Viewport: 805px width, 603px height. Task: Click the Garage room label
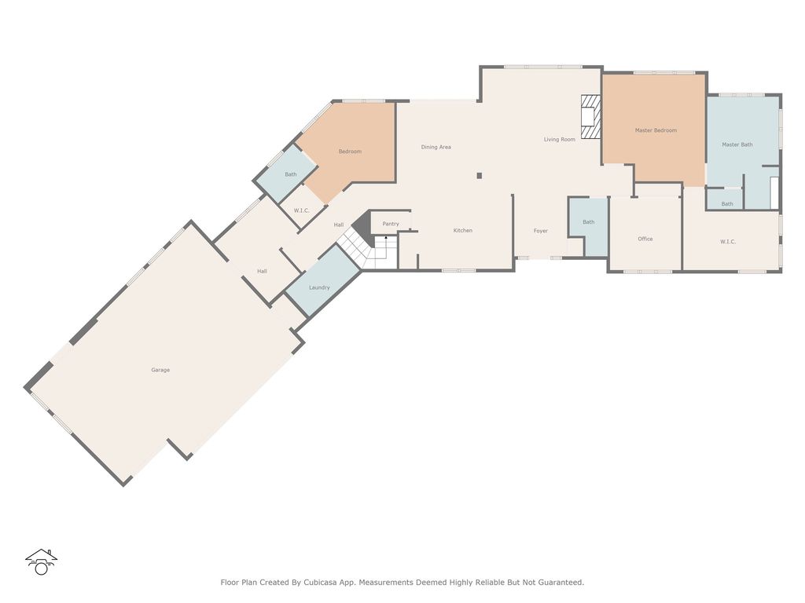pyautogui.click(x=160, y=370)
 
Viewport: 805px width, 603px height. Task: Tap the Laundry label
pyautogui.click(x=319, y=287)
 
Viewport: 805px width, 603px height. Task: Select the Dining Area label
pyautogui.click(x=436, y=147)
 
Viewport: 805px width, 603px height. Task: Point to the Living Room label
pyautogui.click(x=560, y=140)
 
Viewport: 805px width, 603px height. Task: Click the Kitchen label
pyautogui.click(x=462, y=230)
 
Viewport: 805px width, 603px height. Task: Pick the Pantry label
pyautogui.click(x=391, y=224)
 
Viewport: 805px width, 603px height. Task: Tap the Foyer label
pyautogui.click(x=541, y=232)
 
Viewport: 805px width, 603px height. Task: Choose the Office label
pyautogui.click(x=645, y=239)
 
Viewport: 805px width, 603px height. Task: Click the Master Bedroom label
pyautogui.click(x=656, y=130)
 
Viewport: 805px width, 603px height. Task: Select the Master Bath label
pyautogui.click(x=737, y=144)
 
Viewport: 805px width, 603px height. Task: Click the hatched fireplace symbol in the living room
pyautogui.click(x=591, y=117)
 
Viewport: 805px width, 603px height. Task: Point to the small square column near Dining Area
pyautogui.click(x=480, y=176)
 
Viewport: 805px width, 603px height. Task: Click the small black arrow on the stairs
pyautogui.click(x=386, y=238)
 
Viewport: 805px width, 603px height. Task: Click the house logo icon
pyautogui.click(x=41, y=562)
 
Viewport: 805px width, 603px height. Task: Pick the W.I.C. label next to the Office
pyautogui.click(x=728, y=242)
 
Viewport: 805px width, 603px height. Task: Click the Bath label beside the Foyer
pyautogui.click(x=588, y=222)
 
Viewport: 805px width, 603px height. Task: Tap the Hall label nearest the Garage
pyautogui.click(x=262, y=271)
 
